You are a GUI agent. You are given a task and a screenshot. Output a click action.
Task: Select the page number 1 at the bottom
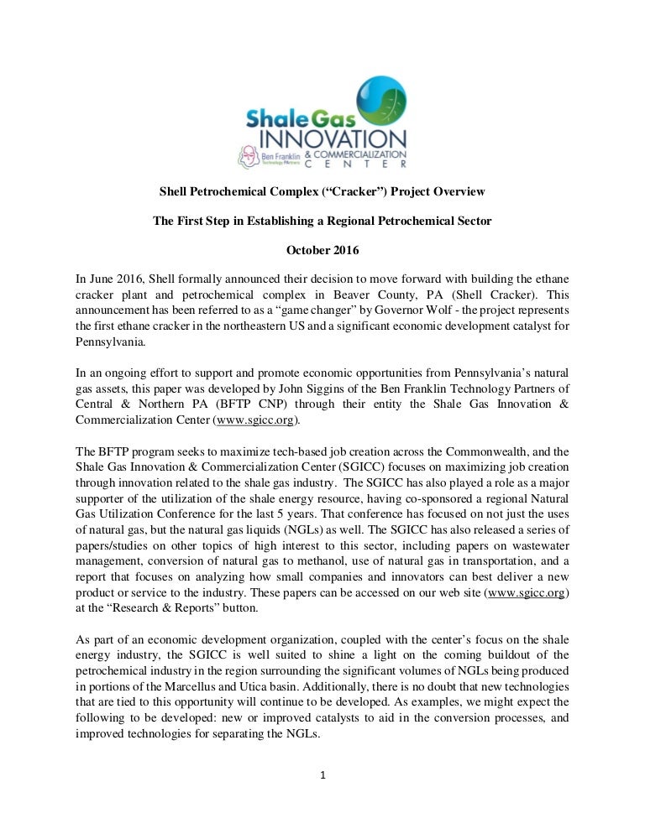322,774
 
